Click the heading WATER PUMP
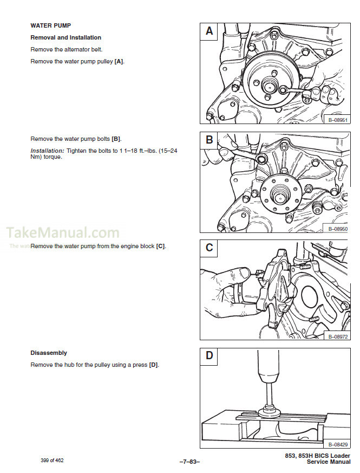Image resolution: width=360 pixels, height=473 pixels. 50,25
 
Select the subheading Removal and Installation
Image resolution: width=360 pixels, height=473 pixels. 66,37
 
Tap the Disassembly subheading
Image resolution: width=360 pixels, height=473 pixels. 49,353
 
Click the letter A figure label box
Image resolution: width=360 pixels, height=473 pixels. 210,31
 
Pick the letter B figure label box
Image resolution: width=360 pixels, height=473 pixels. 210,140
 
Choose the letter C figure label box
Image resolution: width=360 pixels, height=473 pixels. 210,248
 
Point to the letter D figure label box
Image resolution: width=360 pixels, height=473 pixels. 210,356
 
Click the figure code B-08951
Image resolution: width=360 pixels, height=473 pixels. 337,120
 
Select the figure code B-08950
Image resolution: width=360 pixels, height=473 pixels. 337,229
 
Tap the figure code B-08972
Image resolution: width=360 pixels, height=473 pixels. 337,336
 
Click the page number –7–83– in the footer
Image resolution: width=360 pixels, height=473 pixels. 189,461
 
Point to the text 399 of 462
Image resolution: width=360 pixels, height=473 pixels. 53,460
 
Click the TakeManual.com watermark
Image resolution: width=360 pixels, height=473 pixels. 62,234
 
